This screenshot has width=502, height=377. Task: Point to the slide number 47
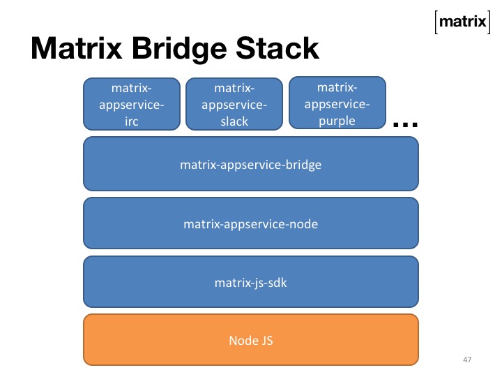click(467, 359)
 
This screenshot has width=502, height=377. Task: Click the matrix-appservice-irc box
click(132, 105)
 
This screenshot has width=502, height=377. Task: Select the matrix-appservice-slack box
click(234, 105)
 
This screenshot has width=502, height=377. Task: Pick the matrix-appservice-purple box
click(337, 103)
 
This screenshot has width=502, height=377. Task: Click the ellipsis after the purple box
click(405, 124)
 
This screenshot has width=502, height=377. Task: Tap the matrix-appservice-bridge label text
click(251, 165)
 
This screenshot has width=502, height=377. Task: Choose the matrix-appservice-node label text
click(251, 224)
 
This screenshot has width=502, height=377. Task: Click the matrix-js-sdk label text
click(251, 283)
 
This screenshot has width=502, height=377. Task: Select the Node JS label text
click(251, 341)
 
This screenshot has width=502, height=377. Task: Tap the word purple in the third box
click(337, 121)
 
